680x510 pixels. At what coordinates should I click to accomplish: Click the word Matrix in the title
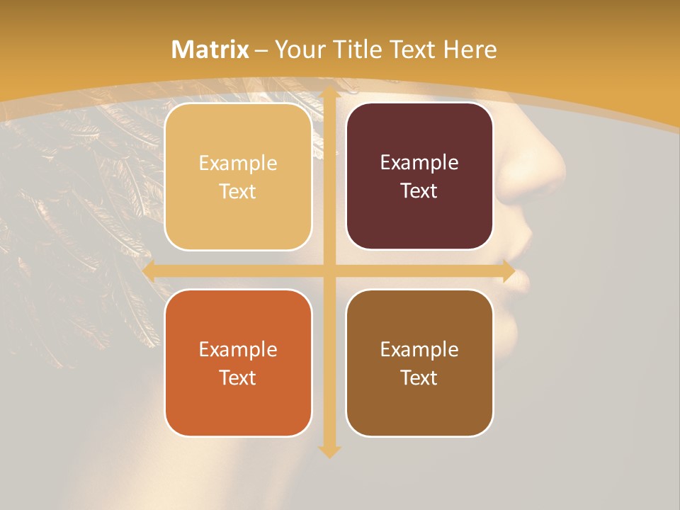[x=210, y=50]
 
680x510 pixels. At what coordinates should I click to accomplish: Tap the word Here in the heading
[x=470, y=50]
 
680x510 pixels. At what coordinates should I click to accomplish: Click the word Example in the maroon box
[x=419, y=163]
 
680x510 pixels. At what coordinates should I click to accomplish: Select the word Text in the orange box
[x=238, y=378]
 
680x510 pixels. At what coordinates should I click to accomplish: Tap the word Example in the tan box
[x=238, y=164]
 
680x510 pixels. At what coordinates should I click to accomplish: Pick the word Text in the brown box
[x=419, y=378]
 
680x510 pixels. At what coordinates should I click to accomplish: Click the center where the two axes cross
[x=329, y=271]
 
